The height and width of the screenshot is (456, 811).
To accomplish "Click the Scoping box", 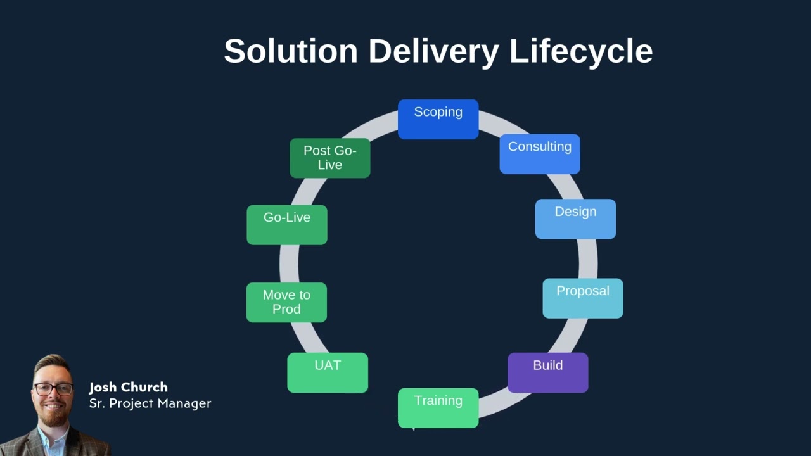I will (438, 119).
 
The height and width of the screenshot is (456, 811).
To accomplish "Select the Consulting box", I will (539, 154).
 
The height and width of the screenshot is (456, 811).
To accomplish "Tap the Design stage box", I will (575, 219).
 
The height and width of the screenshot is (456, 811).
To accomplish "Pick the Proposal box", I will (582, 298).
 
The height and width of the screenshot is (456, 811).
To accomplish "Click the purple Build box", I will (547, 372).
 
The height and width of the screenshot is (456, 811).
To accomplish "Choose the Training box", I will (438, 408).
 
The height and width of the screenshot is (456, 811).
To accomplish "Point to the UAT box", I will (328, 372).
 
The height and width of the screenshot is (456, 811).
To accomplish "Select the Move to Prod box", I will (286, 302).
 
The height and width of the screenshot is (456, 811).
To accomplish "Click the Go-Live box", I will (287, 224).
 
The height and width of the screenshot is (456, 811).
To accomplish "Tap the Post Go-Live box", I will (329, 158).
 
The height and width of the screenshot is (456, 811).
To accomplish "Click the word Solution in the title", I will (291, 51).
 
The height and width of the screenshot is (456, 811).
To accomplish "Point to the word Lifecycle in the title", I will (580, 51).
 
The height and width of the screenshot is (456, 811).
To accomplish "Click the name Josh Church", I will (128, 387).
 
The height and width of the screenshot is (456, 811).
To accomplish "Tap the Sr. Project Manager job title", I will (150, 403).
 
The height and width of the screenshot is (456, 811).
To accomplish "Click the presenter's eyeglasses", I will (54, 388).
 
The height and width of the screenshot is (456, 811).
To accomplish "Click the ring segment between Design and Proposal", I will (587, 258).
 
